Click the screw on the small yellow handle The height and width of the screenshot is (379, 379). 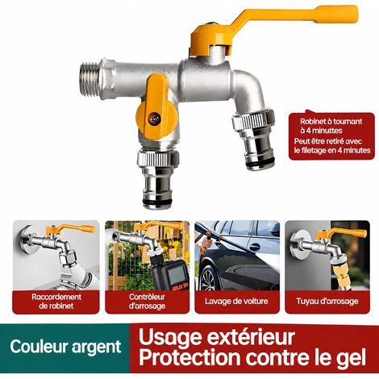point(156,119)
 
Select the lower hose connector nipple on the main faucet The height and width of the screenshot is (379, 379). point(157,179)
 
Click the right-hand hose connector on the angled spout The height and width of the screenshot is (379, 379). point(254,140)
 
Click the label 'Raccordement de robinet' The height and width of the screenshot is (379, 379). point(56,302)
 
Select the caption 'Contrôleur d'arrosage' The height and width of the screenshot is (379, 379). point(147,302)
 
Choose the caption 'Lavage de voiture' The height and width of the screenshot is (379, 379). point(236,301)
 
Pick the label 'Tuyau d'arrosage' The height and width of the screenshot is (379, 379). point(327,301)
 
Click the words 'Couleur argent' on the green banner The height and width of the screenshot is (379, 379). point(66,347)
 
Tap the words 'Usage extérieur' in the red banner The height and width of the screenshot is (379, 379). point(217,337)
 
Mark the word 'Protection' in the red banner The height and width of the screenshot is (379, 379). point(189,358)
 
